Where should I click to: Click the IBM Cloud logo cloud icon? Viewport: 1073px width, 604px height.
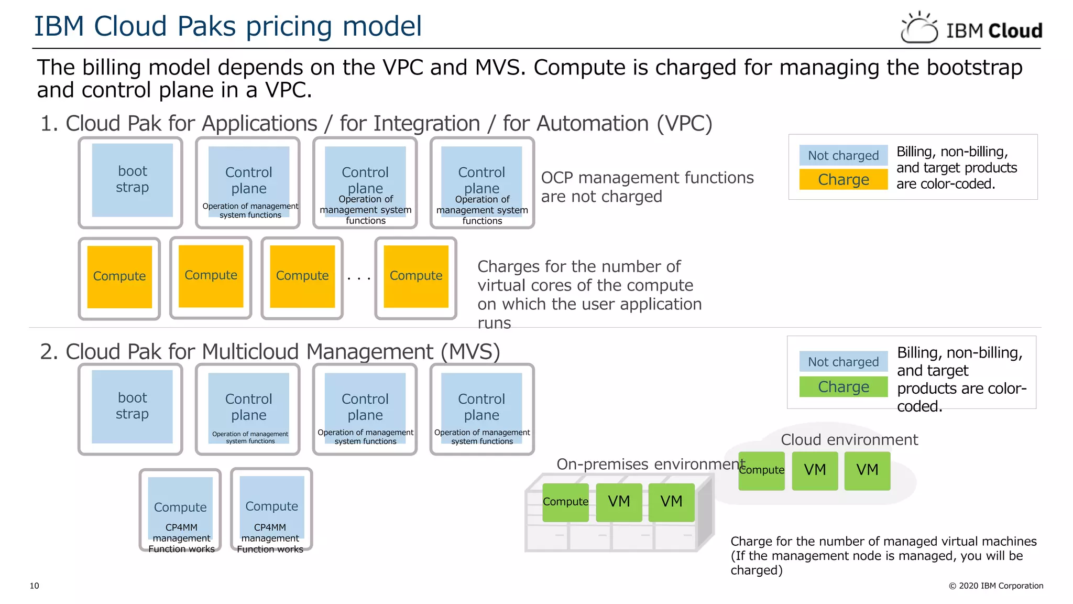[919, 28]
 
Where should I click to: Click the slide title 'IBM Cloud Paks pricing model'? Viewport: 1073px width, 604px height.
[227, 26]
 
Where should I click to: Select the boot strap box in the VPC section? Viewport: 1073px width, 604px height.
[132, 180]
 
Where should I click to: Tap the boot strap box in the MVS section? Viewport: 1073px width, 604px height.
[132, 407]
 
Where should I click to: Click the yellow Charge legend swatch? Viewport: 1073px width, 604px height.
[843, 179]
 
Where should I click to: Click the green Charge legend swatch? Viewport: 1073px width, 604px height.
[843, 387]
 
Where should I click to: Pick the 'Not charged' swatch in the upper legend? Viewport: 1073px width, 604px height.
[843, 156]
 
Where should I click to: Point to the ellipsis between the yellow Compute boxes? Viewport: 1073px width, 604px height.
[359, 278]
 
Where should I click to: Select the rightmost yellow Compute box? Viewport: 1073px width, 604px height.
[416, 276]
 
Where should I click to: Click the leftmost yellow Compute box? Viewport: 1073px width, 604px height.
[119, 277]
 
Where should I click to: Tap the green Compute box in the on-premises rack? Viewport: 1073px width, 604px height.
[565, 502]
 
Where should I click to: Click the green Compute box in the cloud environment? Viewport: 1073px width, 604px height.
[761, 470]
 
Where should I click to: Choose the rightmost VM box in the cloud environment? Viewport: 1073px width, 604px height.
[867, 470]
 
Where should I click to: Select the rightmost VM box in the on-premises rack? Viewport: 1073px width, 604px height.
[671, 502]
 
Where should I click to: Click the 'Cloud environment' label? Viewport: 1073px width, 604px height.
[849, 440]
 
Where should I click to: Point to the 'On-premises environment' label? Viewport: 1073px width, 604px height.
[650, 465]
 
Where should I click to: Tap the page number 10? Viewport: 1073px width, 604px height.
[35, 586]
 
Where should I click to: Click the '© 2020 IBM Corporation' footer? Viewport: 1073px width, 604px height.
[996, 586]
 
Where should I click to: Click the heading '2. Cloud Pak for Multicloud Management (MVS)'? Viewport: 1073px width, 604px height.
[270, 352]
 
